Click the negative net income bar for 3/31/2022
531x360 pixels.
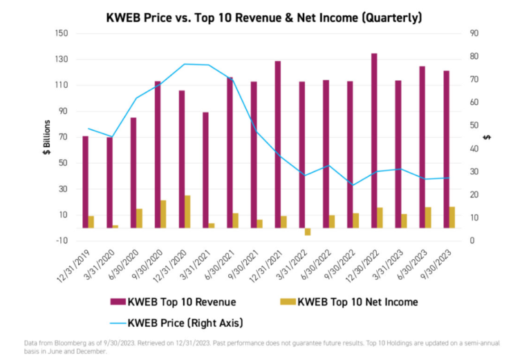[x=308, y=231]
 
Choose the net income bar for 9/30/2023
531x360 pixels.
[x=452, y=217]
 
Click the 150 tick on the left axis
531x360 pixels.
[x=62, y=33]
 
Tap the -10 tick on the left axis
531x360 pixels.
[x=62, y=240]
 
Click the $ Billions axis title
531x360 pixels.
[x=47, y=137]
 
